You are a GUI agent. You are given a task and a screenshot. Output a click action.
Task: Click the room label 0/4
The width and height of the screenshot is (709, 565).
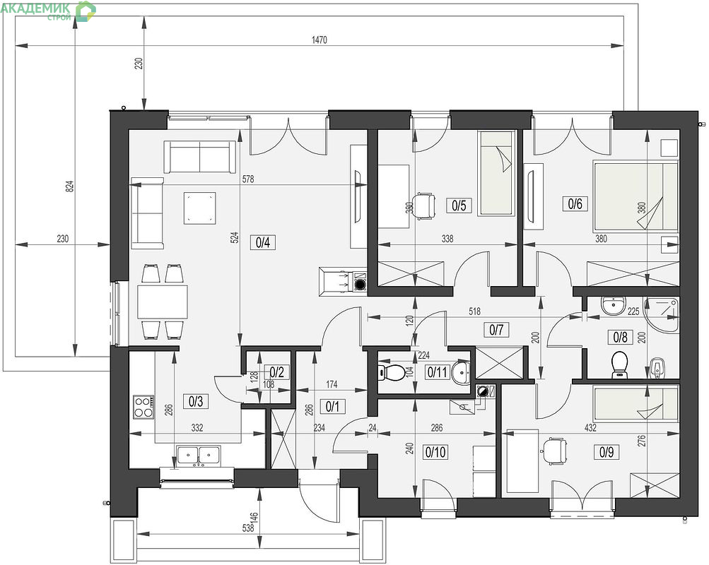coord(263,242)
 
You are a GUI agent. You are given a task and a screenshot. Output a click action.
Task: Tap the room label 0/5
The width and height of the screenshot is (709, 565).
coord(459,206)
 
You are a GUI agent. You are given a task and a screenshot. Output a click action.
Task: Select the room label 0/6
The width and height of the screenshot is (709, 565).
coord(575,203)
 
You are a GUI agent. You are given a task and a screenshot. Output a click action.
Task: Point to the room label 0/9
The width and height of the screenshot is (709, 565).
coord(607,451)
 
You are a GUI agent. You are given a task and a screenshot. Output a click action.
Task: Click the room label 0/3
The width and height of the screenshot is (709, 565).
coord(196,401)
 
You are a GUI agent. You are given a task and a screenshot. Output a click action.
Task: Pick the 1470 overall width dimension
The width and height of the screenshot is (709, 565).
coord(320,40)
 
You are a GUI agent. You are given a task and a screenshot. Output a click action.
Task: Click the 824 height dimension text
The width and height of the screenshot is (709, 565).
coord(69,186)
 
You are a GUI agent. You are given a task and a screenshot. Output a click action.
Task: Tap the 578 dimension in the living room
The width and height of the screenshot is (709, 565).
coord(248,179)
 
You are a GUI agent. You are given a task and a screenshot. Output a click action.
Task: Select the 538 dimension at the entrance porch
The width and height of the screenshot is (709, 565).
coord(248,527)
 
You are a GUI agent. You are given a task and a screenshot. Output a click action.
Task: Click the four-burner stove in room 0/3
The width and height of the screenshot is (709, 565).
coord(143,407)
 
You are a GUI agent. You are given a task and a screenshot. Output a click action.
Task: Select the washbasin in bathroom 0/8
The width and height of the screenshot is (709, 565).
coord(613,306)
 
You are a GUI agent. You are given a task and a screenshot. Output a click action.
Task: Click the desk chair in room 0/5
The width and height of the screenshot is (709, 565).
coord(425,206)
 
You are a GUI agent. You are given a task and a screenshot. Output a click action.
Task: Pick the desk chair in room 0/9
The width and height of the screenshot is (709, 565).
coord(554,451)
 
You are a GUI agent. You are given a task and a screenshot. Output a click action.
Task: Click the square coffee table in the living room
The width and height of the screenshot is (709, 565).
coord(199,208)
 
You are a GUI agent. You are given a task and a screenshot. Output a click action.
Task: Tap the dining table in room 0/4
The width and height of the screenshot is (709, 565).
coord(163,302)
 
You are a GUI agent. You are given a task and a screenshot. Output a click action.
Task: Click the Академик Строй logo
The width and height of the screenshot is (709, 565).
coord(48,11)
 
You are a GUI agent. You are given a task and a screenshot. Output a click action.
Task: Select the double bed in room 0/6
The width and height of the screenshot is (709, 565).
coord(635,197)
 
